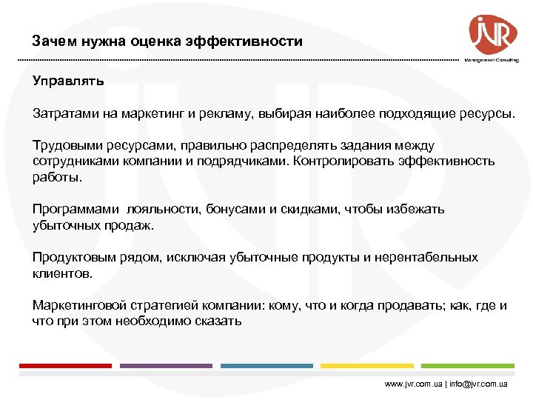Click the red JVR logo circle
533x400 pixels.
488,33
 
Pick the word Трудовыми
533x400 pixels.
64,146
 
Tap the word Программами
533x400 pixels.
73,209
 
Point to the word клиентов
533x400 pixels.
62,273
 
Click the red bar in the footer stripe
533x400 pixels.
65,365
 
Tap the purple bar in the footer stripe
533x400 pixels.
166,365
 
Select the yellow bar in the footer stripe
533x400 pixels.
367,365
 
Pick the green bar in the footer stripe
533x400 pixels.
468,365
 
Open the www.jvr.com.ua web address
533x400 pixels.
413,384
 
